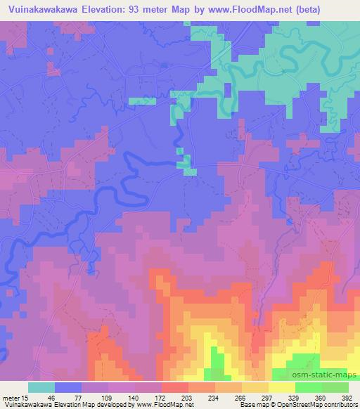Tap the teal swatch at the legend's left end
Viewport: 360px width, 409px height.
41,387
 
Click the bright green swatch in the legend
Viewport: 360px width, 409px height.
309,387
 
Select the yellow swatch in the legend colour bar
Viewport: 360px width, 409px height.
282,387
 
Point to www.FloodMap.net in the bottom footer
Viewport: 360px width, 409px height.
160,405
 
